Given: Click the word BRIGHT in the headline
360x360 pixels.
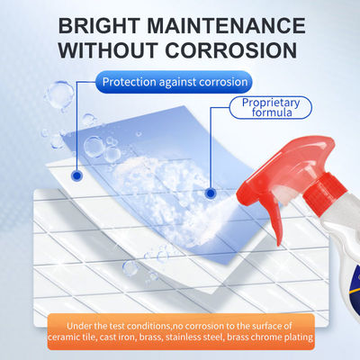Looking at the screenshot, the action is coord(99,26).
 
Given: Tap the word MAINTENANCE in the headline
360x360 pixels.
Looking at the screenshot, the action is coord(227,26).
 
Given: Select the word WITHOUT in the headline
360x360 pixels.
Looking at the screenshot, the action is coord(108,50).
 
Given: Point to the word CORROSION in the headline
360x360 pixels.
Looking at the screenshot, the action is coord(231,50).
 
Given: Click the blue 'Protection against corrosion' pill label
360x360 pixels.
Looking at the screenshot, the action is coord(174,82).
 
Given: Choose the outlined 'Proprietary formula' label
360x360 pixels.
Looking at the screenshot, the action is coord(271,107).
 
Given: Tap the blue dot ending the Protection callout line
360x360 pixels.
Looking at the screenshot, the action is coord(77,175).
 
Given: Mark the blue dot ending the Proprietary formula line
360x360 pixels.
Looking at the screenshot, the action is coord(211,193).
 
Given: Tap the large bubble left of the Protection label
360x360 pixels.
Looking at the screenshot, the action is coord(60,93).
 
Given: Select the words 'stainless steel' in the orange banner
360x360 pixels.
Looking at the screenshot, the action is coord(194,337).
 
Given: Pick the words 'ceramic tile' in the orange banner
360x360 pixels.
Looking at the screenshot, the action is coord(72,337).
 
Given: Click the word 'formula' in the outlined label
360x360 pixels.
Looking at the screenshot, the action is coord(272,112).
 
